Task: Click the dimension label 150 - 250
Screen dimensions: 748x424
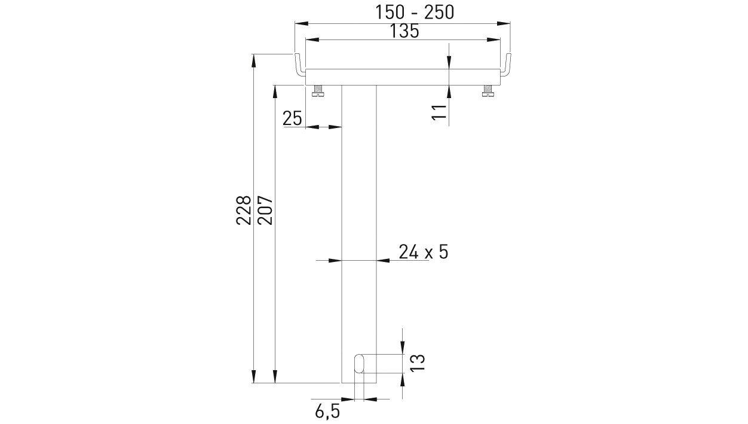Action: [415, 13]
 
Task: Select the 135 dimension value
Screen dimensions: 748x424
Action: [404, 31]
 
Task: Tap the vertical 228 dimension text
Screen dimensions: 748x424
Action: [243, 210]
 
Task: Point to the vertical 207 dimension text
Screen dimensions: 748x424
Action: [265, 210]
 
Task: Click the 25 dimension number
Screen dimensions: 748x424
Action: [292, 118]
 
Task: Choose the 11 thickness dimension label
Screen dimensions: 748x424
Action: [439, 112]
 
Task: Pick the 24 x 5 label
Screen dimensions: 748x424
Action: [424, 252]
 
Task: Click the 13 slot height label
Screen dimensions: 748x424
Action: [418, 362]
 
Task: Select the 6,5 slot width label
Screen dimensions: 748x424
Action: [327, 411]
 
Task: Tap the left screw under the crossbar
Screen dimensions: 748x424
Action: [318, 91]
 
